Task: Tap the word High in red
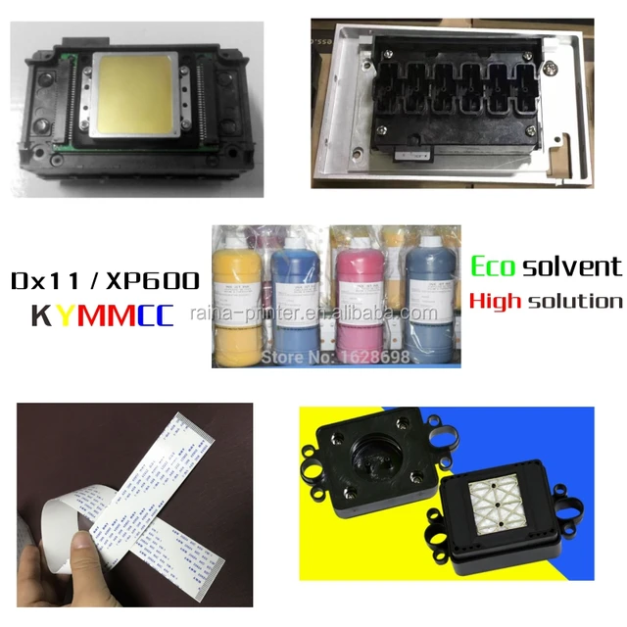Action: click(496, 300)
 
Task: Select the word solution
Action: click(575, 300)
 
